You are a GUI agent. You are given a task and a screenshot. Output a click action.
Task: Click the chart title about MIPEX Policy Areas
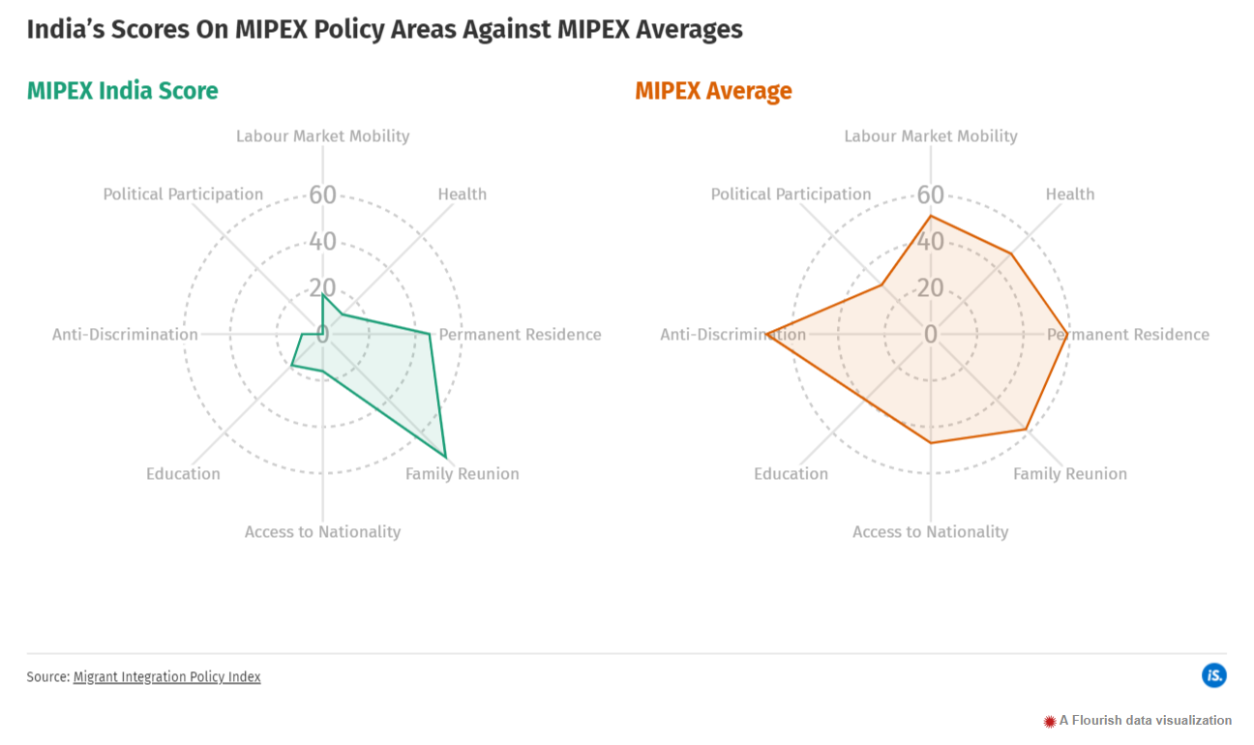coord(384,29)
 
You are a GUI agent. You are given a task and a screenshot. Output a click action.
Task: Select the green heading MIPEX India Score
coord(123,91)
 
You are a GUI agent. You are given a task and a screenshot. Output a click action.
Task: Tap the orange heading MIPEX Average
coord(713,91)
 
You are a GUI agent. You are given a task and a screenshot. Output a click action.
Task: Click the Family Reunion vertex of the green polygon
coord(445,456)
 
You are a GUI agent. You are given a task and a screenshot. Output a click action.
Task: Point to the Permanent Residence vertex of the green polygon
coord(430,334)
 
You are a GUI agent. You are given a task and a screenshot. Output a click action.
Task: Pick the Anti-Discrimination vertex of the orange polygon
coord(766,335)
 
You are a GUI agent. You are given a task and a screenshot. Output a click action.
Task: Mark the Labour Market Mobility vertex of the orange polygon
coord(931,216)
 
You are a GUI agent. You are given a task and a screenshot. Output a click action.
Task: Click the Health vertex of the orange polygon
coord(1012,253)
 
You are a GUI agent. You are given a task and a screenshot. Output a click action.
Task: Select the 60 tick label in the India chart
coord(323,195)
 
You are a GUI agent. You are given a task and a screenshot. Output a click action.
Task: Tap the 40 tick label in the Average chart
coord(931,242)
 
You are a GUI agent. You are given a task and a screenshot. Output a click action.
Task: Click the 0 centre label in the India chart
coord(323,335)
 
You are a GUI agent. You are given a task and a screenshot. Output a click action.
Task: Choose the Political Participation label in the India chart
coord(183,194)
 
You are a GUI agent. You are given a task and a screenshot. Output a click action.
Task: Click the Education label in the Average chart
coord(791,474)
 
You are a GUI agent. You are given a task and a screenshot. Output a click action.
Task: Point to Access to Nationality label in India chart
coord(322,532)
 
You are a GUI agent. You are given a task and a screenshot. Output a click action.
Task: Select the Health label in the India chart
coord(463,194)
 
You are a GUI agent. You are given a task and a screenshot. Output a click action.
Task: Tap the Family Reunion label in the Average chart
coord(1070,474)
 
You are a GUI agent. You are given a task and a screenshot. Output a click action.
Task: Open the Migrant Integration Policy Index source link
coord(166,677)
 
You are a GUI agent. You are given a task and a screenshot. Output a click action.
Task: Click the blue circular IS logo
coord(1214,675)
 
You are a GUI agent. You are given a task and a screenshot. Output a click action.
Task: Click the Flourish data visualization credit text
coord(1146,720)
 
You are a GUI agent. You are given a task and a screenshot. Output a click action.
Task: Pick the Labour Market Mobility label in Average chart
coord(931,136)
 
